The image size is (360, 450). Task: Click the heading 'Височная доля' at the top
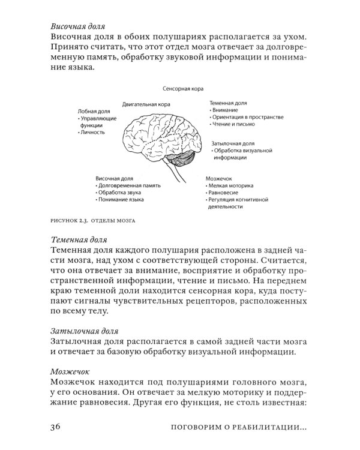(x=78, y=27)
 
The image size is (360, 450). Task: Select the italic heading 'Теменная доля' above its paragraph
(x=79, y=239)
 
